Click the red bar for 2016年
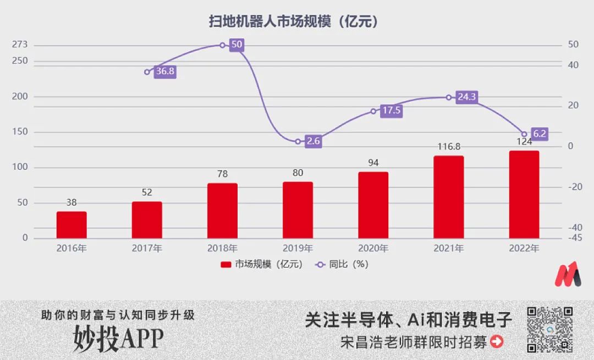tap(71, 225)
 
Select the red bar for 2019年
tap(298, 210)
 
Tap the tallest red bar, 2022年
tap(524, 195)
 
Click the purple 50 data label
tap(237, 45)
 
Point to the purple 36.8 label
tap(165, 71)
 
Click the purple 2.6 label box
tap(313, 141)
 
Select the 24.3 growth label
tap(466, 97)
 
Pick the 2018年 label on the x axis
tap(222, 248)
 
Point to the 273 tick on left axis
tap(20, 45)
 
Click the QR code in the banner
tap(551, 329)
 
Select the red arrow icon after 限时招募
tap(497, 342)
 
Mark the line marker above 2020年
tap(373, 111)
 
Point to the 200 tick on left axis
tap(20, 97)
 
